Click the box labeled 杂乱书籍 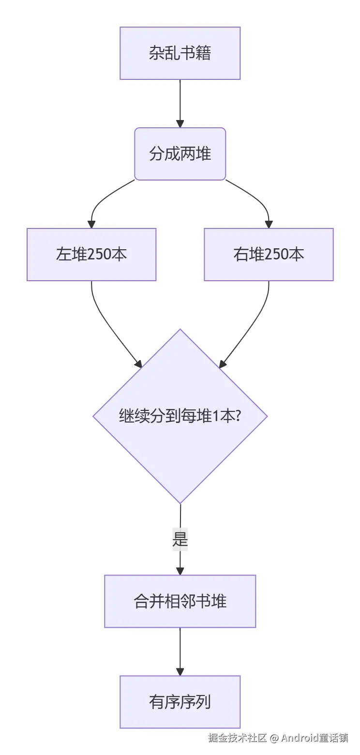[180, 53]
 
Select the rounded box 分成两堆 [180, 154]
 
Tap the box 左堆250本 [91, 255]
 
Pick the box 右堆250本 [269, 255]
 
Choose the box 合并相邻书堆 [180, 601]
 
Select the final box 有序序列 [180, 702]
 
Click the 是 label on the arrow [180, 539]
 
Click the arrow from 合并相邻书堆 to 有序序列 [180, 651]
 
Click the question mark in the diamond [238, 416]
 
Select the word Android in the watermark [300, 738]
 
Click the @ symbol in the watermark [274, 738]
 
